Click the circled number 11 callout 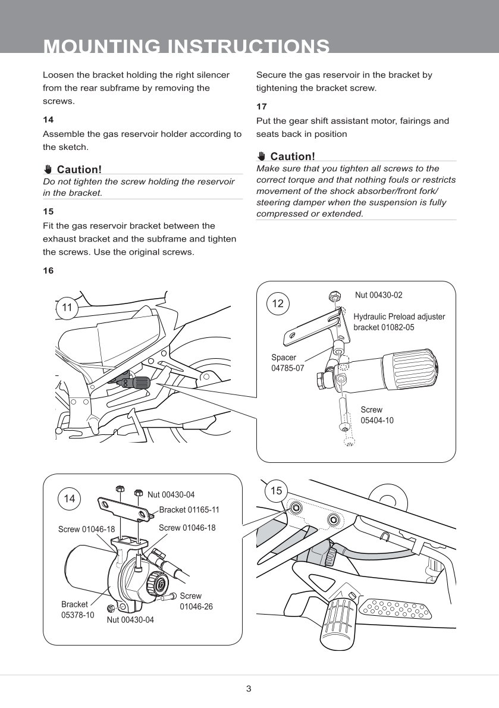pyautogui.click(x=67, y=308)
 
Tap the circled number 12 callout pyautogui.click(x=278, y=303)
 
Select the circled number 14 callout pyautogui.click(x=70, y=499)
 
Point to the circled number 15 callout pyautogui.click(x=276, y=491)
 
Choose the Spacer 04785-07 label pyautogui.click(x=287, y=363)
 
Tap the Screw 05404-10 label pyautogui.click(x=376, y=415)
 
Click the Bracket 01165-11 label pyautogui.click(x=189, y=510)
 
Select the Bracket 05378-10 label pyautogui.click(x=77, y=610)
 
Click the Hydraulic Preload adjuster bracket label pyautogui.click(x=399, y=322)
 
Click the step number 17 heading pyautogui.click(x=261, y=107)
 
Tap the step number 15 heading pyautogui.click(x=48, y=211)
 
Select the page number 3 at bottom pyautogui.click(x=249, y=690)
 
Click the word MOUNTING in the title pyautogui.click(x=101, y=46)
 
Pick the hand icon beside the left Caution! pyautogui.click(x=48, y=170)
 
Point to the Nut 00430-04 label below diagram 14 pyautogui.click(x=130, y=620)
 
